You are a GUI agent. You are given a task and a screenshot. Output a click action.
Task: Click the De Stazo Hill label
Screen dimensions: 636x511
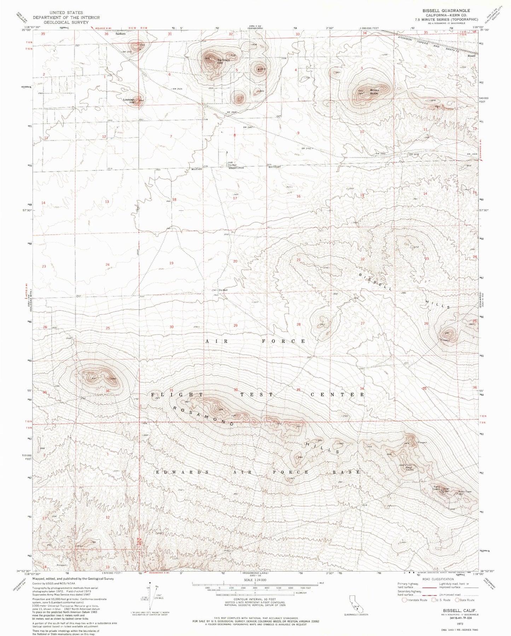click(x=223, y=61)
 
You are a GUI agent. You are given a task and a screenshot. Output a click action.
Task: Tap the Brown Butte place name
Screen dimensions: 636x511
click(x=374, y=92)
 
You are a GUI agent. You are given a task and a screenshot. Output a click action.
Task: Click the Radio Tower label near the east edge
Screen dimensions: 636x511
click(x=465, y=492)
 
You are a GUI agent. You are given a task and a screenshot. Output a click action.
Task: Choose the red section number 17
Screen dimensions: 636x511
click(x=235, y=198)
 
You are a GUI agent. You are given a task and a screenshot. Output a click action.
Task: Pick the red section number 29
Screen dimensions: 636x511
click(x=236, y=326)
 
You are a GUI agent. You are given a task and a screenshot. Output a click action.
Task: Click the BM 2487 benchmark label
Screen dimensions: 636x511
click(x=249, y=127)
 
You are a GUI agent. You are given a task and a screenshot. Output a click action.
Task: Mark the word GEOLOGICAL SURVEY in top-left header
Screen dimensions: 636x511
click(x=66, y=22)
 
